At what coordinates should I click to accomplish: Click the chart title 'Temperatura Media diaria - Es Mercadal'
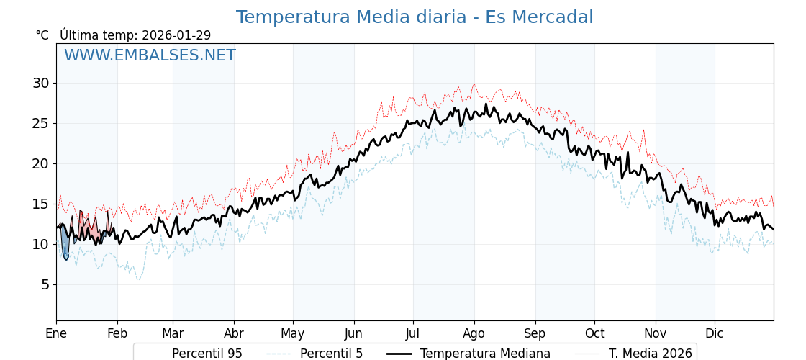point(415,17)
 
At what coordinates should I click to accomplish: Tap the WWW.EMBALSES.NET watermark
point(150,55)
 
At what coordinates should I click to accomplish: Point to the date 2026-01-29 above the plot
point(176,35)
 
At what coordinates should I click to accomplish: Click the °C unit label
point(42,35)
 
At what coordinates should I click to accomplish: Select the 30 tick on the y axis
point(40,83)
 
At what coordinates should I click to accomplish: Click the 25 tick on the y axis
point(40,123)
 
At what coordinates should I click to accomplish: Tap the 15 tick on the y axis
point(40,204)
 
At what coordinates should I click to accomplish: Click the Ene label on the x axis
point(56,333)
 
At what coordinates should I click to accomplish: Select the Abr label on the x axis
point(234,333)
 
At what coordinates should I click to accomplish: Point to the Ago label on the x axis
point(474,333)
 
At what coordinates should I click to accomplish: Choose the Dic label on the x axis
point(715,333)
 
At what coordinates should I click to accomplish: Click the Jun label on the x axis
point(353,333)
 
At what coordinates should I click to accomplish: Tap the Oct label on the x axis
point(594,333)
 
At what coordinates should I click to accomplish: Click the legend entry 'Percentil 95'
point(207,354)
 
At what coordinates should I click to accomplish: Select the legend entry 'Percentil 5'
point(331,354)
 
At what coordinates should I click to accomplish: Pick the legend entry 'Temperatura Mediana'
point(485,354)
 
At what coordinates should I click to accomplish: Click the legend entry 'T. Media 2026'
point(650,354)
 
